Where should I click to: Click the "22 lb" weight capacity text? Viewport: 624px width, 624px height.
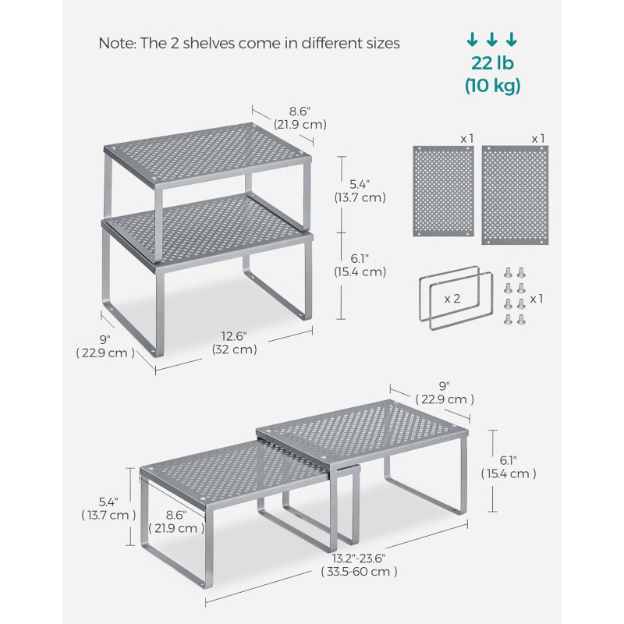492,63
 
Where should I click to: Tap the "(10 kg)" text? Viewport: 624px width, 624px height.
493,86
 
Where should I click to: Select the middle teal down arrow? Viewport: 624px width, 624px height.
492,40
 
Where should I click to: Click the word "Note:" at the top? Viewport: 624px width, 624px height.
117,43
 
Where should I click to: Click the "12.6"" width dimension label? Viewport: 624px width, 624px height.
234,336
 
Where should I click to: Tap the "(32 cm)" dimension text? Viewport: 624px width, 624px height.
235,349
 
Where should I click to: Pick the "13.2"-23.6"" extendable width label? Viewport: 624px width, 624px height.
359,558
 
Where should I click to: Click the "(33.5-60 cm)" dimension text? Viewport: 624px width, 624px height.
359,572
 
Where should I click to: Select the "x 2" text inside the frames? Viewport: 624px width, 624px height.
452,299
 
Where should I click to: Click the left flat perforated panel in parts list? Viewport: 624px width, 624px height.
443,191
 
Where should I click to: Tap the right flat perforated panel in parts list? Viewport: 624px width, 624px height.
515,195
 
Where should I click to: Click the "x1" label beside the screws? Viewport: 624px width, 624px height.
537,299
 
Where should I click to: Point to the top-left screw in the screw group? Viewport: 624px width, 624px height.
508,272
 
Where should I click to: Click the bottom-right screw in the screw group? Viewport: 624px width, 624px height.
521,319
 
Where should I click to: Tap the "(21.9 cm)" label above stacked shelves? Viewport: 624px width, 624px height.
300,125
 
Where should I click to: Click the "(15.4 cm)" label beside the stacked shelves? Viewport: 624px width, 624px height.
360,271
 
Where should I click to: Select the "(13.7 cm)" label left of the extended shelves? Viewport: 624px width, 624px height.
108,516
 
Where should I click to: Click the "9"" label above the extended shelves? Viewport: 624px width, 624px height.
444,386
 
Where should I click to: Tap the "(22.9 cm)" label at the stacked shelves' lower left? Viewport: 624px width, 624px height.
105,353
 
